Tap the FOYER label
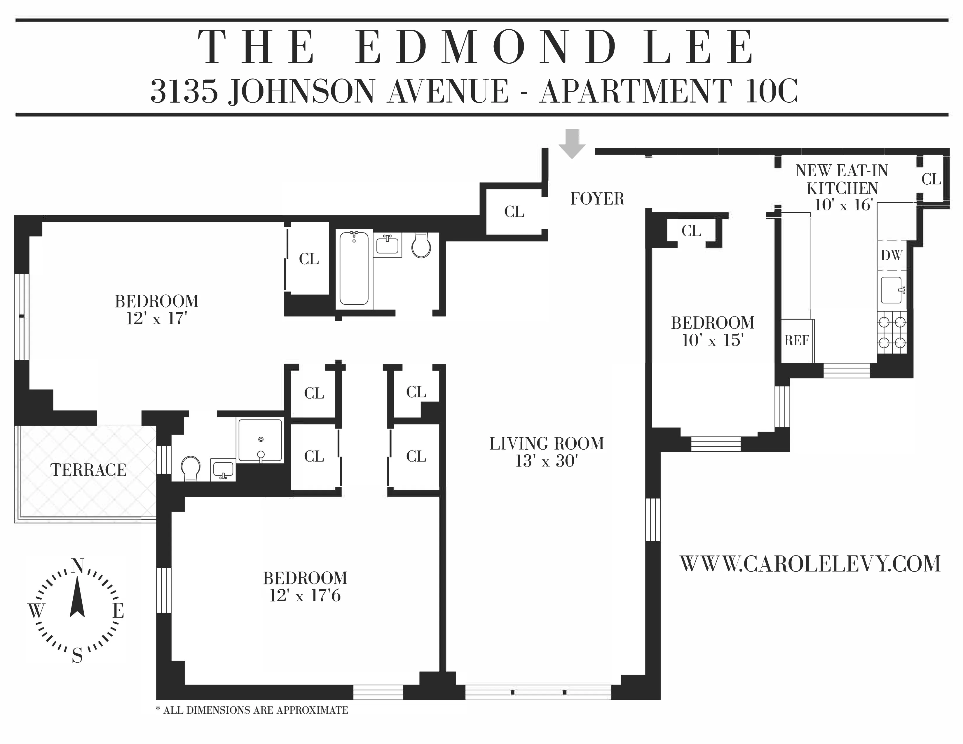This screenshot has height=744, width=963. (597, 199)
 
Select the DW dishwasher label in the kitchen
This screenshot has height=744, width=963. (891, 255)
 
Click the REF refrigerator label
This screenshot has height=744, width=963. (797, 340)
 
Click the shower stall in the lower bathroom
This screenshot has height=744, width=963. (260, 440)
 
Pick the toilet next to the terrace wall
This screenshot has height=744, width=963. (191, 468)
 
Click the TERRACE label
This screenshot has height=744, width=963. (88, 470)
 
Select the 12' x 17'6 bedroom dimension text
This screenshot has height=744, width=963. (305, 596)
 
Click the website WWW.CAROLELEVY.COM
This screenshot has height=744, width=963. (810, 564)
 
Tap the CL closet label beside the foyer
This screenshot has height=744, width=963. (514, 212)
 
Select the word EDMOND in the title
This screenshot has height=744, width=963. (485, 47)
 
